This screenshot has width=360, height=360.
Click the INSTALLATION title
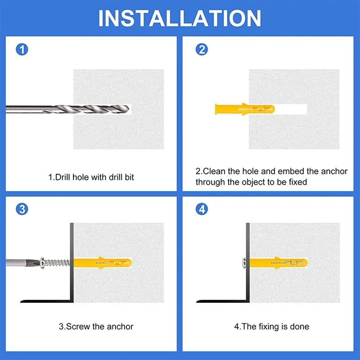180,18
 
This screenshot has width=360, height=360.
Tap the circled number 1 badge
22,49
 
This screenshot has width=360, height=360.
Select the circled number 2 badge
202,49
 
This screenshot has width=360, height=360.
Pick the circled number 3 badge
22,209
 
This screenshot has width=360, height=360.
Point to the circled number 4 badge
202,209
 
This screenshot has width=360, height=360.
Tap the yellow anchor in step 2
245,109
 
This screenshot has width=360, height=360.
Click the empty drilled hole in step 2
291,109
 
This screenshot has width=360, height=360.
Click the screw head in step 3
42,263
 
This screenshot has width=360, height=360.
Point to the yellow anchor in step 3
103,263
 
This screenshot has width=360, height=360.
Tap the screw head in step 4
244,263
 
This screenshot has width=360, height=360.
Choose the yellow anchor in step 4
279,263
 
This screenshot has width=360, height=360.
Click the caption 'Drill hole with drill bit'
91,177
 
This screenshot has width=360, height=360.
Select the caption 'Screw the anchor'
96,327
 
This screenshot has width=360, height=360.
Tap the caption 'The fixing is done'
272,327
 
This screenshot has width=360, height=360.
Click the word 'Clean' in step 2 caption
214,171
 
